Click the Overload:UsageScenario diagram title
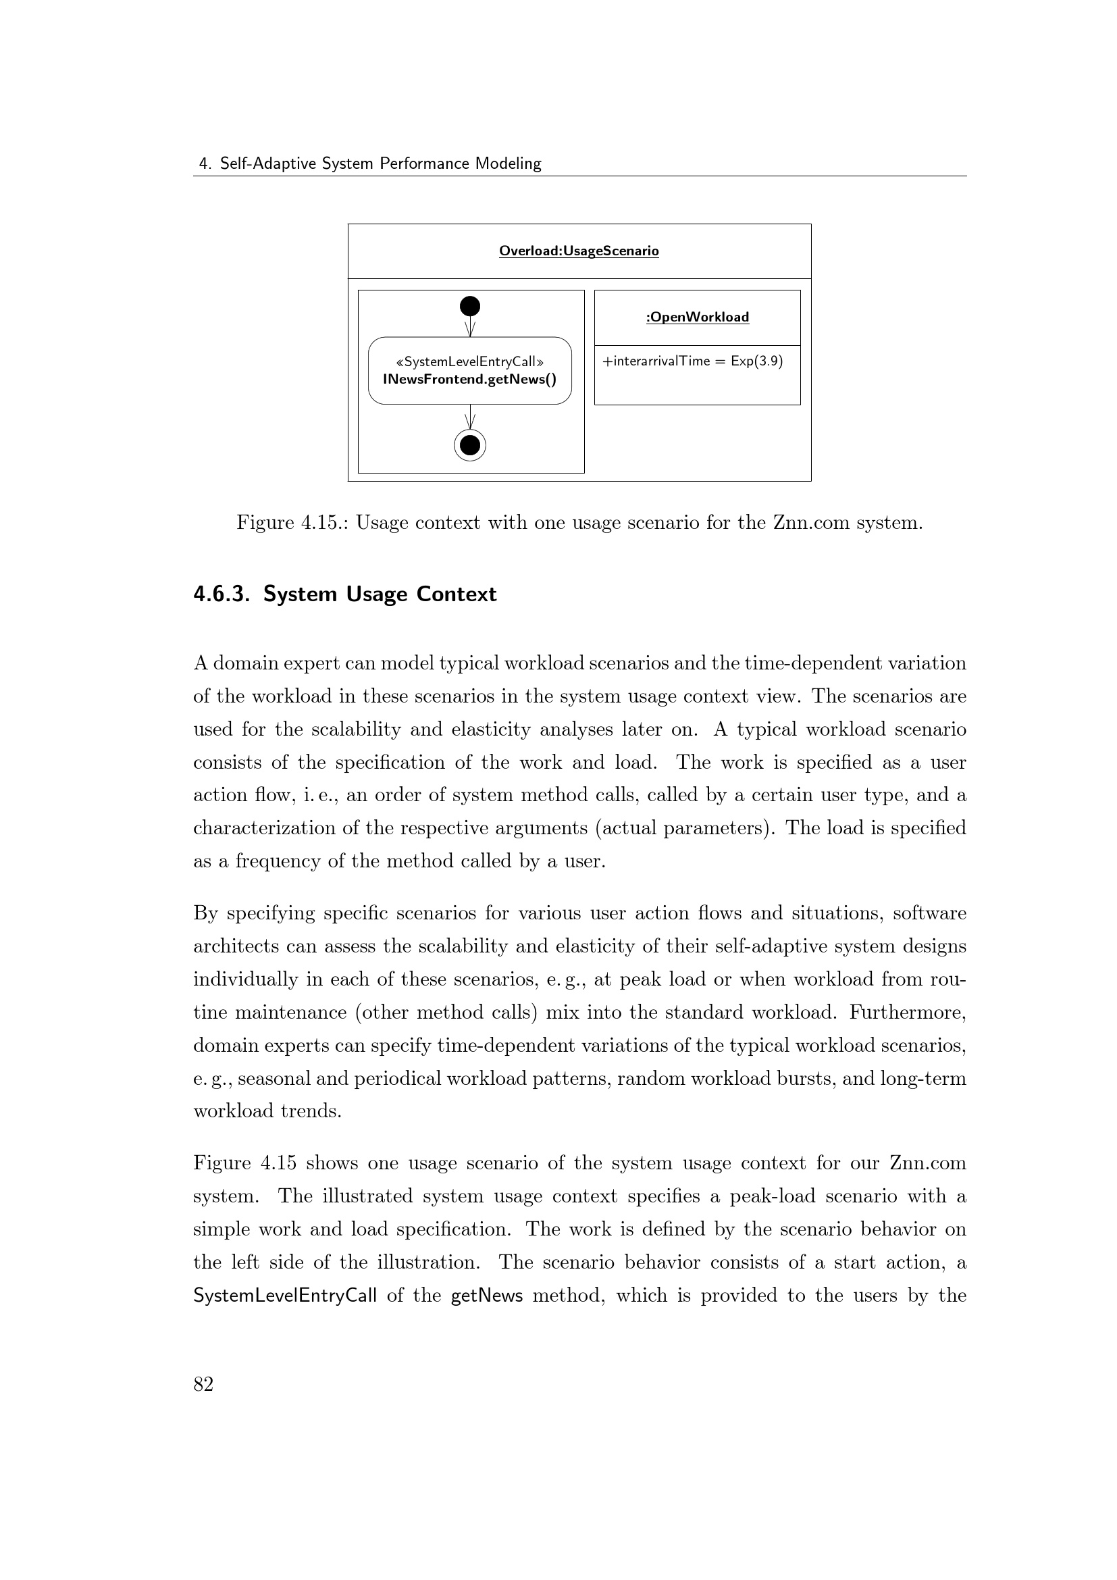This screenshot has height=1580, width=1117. pyautogui.click(x=579, y=251)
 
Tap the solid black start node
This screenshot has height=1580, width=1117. pyautogui.click(x=470, y=306)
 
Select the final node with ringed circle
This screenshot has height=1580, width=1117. pyautogui.click(x=470, y=445)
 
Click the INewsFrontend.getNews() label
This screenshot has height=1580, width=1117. pyautogui.click(x=470, y=379)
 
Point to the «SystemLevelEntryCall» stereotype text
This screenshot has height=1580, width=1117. pyautogui.click(x=470, y=362)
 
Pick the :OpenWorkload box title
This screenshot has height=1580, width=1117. pyautogui.click(x=697, y=317)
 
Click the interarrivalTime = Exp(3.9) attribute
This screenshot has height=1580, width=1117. pyautogui.click(x=693, y=361)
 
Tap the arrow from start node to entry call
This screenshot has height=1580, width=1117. pyautogui.click(x=470, y=326)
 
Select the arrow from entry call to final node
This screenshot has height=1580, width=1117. pyautogui.click(x=470, y=417)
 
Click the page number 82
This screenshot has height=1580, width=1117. pyautogui.click(x=203, y=1384)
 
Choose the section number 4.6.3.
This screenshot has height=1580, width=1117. pyautogui.click(x=221, y=594)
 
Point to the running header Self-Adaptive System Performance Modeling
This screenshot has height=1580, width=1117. pyautogui.click(x=380, y=163)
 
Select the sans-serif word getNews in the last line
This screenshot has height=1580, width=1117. pyautogui.click(x=486, y=1296)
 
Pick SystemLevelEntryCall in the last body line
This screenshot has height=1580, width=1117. pyautogui.click(x=285, y=1296)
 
